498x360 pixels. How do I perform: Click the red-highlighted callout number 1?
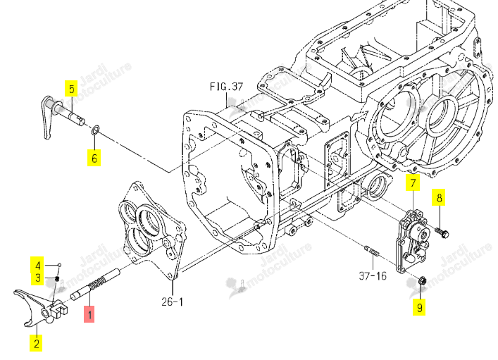[x=89, y=314]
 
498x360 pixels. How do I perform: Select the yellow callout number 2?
[x=36, y=343]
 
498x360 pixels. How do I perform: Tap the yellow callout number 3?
[x=38, y=278]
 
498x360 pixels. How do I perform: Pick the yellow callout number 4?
[x=38, y=265]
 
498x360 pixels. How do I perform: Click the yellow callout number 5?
[x=71, y=88]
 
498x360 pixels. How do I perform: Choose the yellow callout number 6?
[x=94, y=158]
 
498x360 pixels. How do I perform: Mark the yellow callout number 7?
[x=413, y=182]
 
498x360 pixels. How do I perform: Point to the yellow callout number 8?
[x=439, y=198]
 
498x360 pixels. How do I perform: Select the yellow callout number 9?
[x=419, y=307]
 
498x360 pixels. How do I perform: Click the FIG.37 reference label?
[x=226, y=87]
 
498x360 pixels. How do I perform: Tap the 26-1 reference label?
[x=172, y=302]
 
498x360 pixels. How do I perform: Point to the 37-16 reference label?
[x=373, y=275]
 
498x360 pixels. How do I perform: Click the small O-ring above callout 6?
[x=95, y=130]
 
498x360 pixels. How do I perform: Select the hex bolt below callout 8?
[x=442, y=232]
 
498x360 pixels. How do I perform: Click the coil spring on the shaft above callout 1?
[x=97, y=283]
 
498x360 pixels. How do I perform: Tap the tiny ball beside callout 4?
[x=59, y=265]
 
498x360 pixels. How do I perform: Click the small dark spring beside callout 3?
[x=57, y=279]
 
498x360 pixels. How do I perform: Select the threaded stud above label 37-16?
[x=372, y=251]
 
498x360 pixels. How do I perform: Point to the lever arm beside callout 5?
[x=48, y=118]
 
